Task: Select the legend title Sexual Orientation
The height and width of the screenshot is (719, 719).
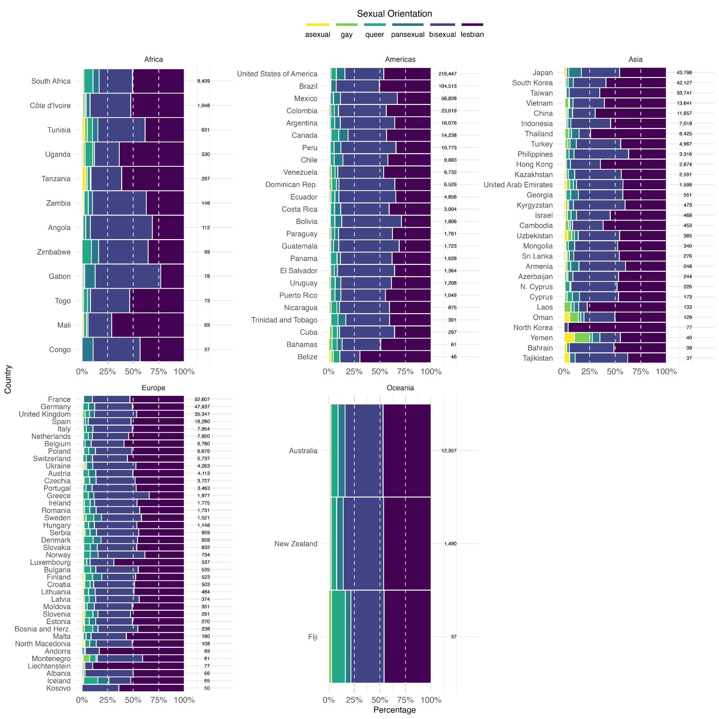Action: coord(394,14)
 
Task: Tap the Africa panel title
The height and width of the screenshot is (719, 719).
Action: coord(154,60)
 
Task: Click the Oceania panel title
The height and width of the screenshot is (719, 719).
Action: coord(400,388)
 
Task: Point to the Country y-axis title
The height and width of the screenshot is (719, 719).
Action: coord(8,379)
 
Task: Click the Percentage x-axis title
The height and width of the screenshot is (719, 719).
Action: coord(394,710)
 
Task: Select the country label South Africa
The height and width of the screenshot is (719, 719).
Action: coord(51,81)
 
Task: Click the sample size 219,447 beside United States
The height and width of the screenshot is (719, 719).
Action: coord(447,74)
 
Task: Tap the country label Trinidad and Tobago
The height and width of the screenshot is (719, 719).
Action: coord(284,320)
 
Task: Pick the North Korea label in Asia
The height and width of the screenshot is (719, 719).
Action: coord(533,328)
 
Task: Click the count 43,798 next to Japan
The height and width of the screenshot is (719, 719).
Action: coord(684,73)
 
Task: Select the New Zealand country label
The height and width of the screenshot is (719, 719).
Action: coord(296,544)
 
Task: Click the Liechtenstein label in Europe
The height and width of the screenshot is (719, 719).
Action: coord(49,666)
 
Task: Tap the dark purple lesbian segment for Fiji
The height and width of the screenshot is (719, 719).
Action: coord(408,637)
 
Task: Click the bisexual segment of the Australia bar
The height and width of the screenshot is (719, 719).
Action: coord(364,451)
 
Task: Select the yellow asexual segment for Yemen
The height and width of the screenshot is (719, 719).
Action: coord(569,338)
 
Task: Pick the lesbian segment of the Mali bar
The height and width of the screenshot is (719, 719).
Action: coord(148,325)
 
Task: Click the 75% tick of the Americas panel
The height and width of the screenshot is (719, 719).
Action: coord(405,371)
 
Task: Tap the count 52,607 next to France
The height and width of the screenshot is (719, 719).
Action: coord(202,399)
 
